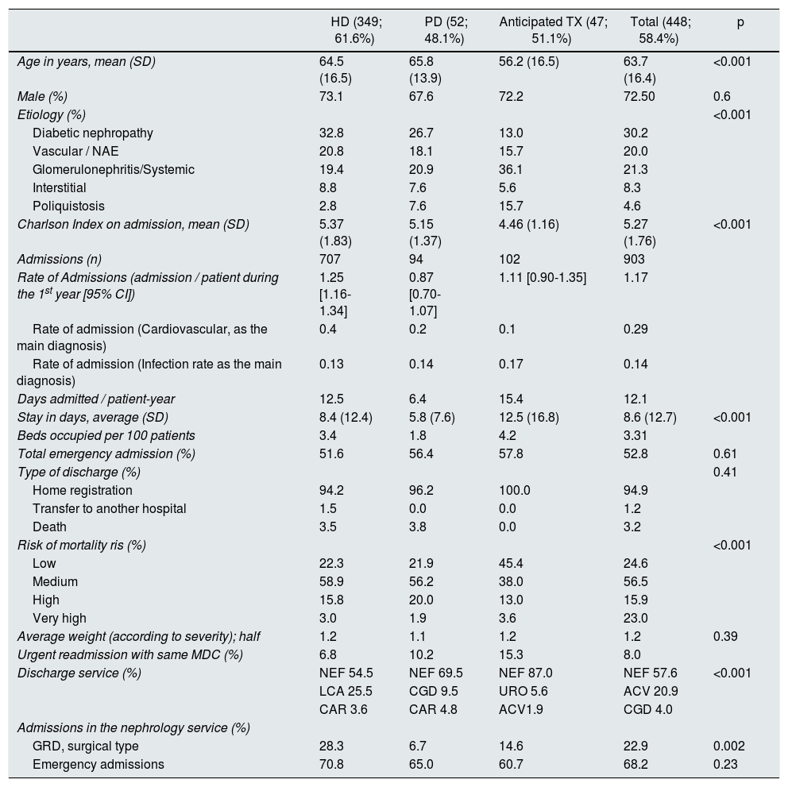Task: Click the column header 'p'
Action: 740,23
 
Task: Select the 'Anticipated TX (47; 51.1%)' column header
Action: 553,30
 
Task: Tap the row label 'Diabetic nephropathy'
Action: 93,133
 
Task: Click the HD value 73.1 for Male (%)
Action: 332,96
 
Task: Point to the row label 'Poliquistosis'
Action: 68,206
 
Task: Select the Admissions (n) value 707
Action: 330,259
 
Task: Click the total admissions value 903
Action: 634,259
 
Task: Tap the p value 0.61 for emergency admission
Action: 725,453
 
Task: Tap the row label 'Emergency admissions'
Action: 98,764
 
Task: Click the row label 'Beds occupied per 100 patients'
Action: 106,435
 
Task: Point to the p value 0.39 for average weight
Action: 725,636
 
